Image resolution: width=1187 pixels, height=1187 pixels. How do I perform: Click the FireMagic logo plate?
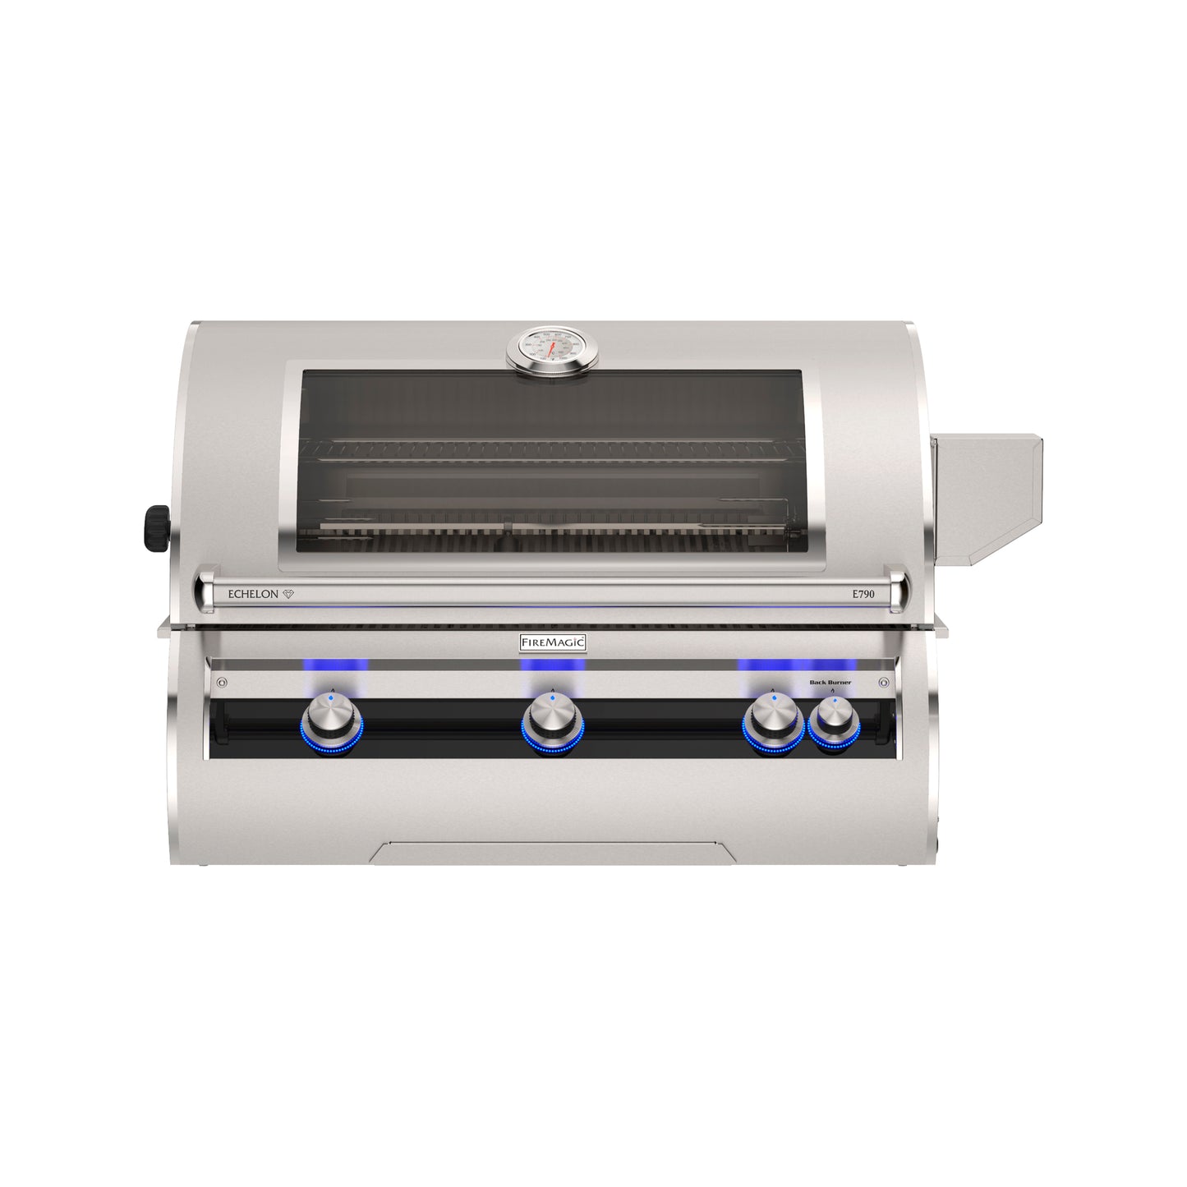pos(552,642)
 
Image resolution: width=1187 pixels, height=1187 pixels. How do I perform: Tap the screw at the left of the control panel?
pos(220,683)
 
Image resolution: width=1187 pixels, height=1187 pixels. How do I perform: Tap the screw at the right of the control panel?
pos(884,683)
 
